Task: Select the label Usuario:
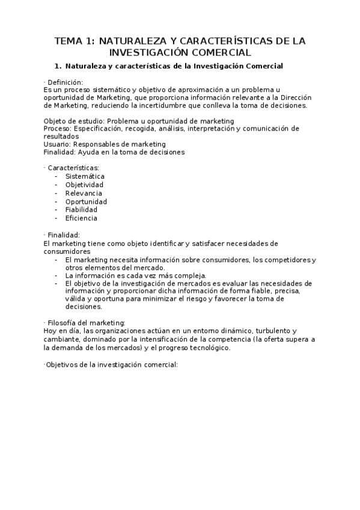58,144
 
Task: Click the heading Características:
73,168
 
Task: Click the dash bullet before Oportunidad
56,201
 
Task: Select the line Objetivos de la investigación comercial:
112,365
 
